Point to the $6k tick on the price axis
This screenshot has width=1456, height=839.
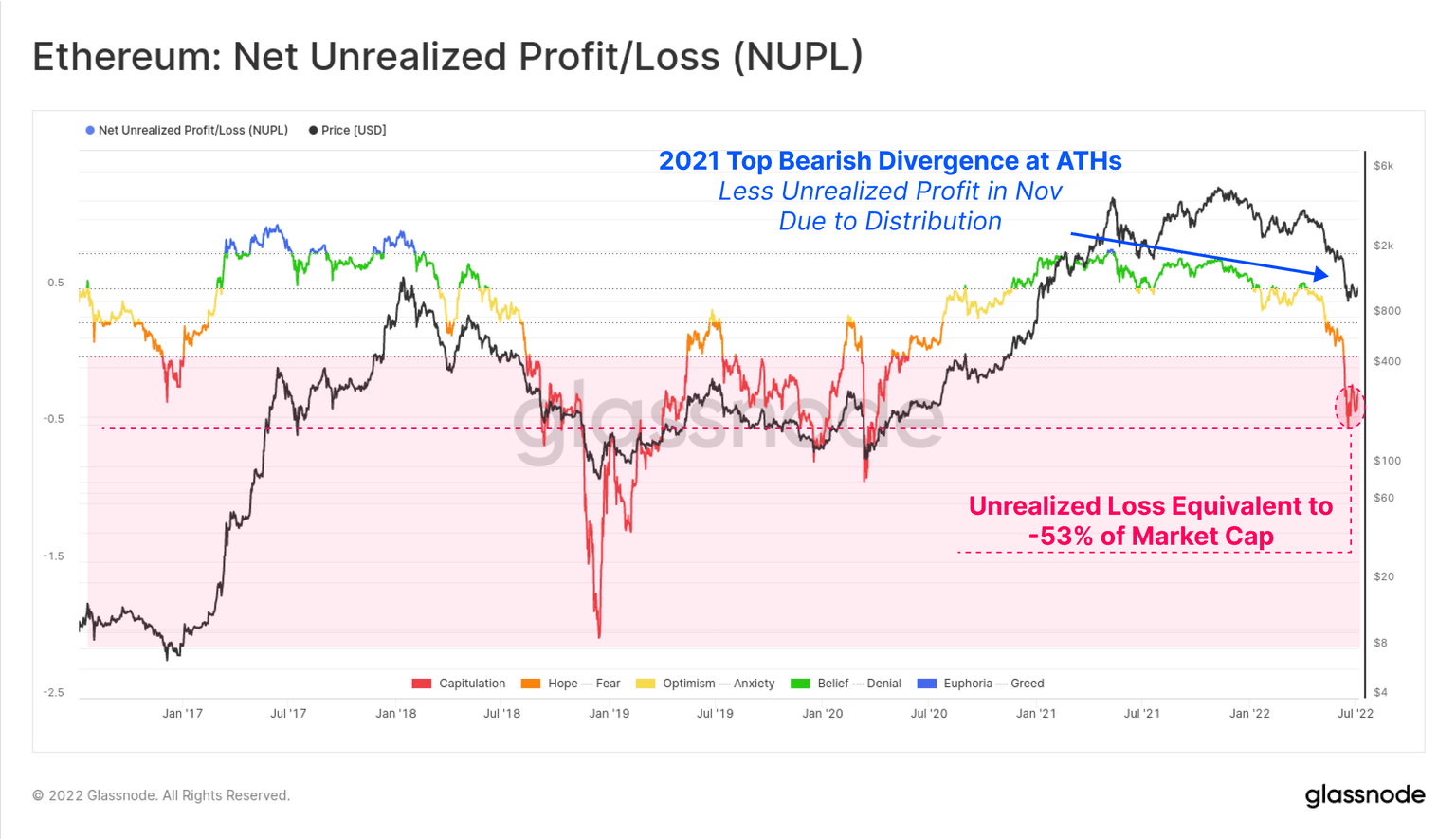click(1383, 166)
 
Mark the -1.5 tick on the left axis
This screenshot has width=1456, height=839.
click(53, 556)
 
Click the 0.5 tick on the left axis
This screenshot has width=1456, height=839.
click(56, 283)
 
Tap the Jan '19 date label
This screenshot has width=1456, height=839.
click(609, 713)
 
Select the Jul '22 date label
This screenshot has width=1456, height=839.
click(1355, 713)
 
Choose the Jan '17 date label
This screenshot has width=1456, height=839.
click(182, 713)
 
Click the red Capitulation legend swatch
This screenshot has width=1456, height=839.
click(422, 684)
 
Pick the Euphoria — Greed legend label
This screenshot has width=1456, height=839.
click(993, 684)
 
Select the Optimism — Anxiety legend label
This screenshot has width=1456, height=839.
click(719, 684)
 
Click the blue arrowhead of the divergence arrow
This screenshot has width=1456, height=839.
click(1321, 275)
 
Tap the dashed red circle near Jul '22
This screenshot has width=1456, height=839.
click(1350, 407)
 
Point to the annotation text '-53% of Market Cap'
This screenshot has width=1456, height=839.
click(1151, 537)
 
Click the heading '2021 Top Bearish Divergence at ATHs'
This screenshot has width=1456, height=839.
click(890, 161)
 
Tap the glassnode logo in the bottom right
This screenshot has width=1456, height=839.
click(1364, 795)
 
